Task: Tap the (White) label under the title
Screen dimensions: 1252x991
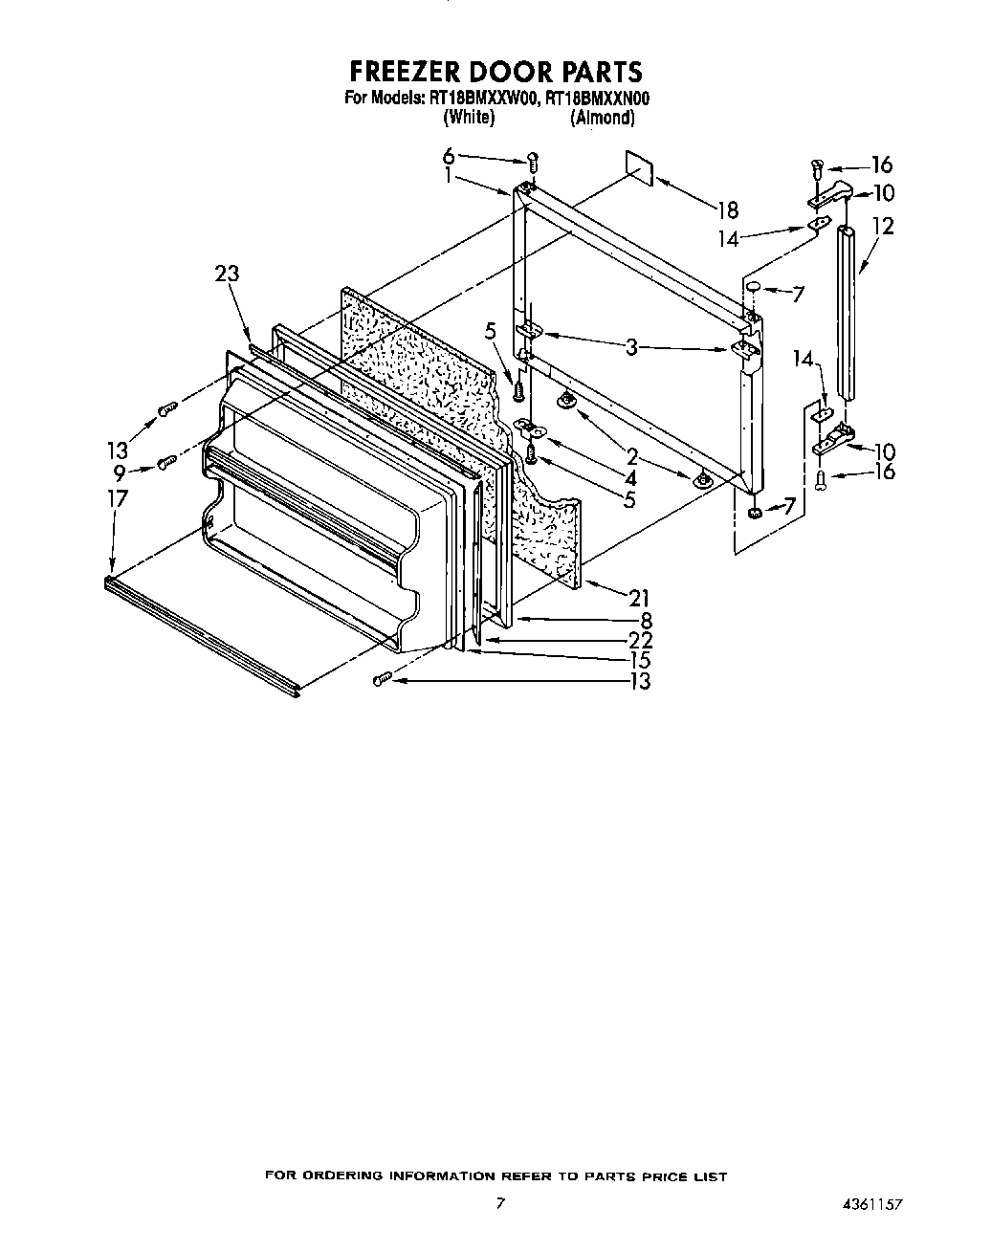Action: tap(469, 118)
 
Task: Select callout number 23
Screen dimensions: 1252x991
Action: tap(227, 274)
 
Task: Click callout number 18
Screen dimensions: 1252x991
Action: tap(728, 209)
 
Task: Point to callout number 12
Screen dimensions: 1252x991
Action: tap(883, 227)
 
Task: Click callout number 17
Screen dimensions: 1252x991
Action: tap(118, 497)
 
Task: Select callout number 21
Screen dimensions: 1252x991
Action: tap(639, 598)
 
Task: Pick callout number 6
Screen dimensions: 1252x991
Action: tap(448, 157)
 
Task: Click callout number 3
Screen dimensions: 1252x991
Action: tap(631, 347)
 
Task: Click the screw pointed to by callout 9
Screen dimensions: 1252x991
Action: tap(165, 464)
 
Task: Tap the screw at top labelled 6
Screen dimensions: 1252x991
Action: tap(534, 163)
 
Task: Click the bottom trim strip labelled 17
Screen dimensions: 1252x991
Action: tap(201, 635)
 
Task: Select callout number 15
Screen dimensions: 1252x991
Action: tap(639, 660)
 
